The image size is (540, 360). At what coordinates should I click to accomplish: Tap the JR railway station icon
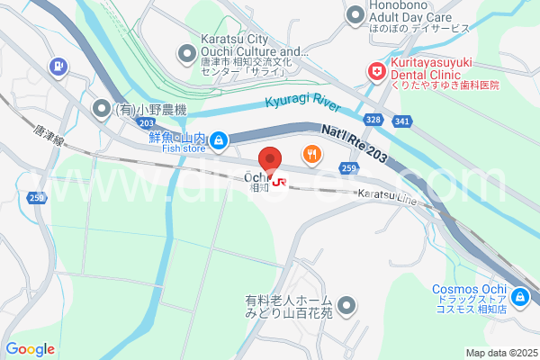280,183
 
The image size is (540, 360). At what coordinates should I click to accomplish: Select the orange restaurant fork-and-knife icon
311,154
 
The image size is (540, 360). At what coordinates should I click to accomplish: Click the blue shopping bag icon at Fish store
218,140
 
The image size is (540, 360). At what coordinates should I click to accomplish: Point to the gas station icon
58,66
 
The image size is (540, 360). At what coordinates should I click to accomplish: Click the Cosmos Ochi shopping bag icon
519,296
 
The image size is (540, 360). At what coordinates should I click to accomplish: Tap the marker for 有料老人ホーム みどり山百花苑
346,306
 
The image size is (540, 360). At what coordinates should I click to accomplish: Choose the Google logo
30,349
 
